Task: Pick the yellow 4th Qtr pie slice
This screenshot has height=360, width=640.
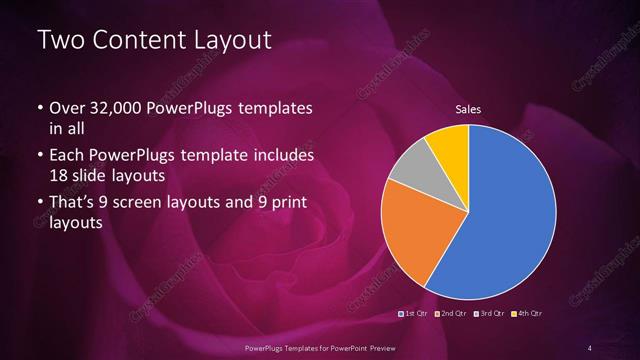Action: click(x=449, y=145)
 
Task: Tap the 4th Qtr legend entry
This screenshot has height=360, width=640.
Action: click(x=528, y=315)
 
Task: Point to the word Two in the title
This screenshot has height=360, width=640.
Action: click(x=59, y=41)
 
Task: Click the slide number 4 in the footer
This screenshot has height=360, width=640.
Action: click(x=590, y=347)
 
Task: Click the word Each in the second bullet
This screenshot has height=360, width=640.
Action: click(x=68, y=157)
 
